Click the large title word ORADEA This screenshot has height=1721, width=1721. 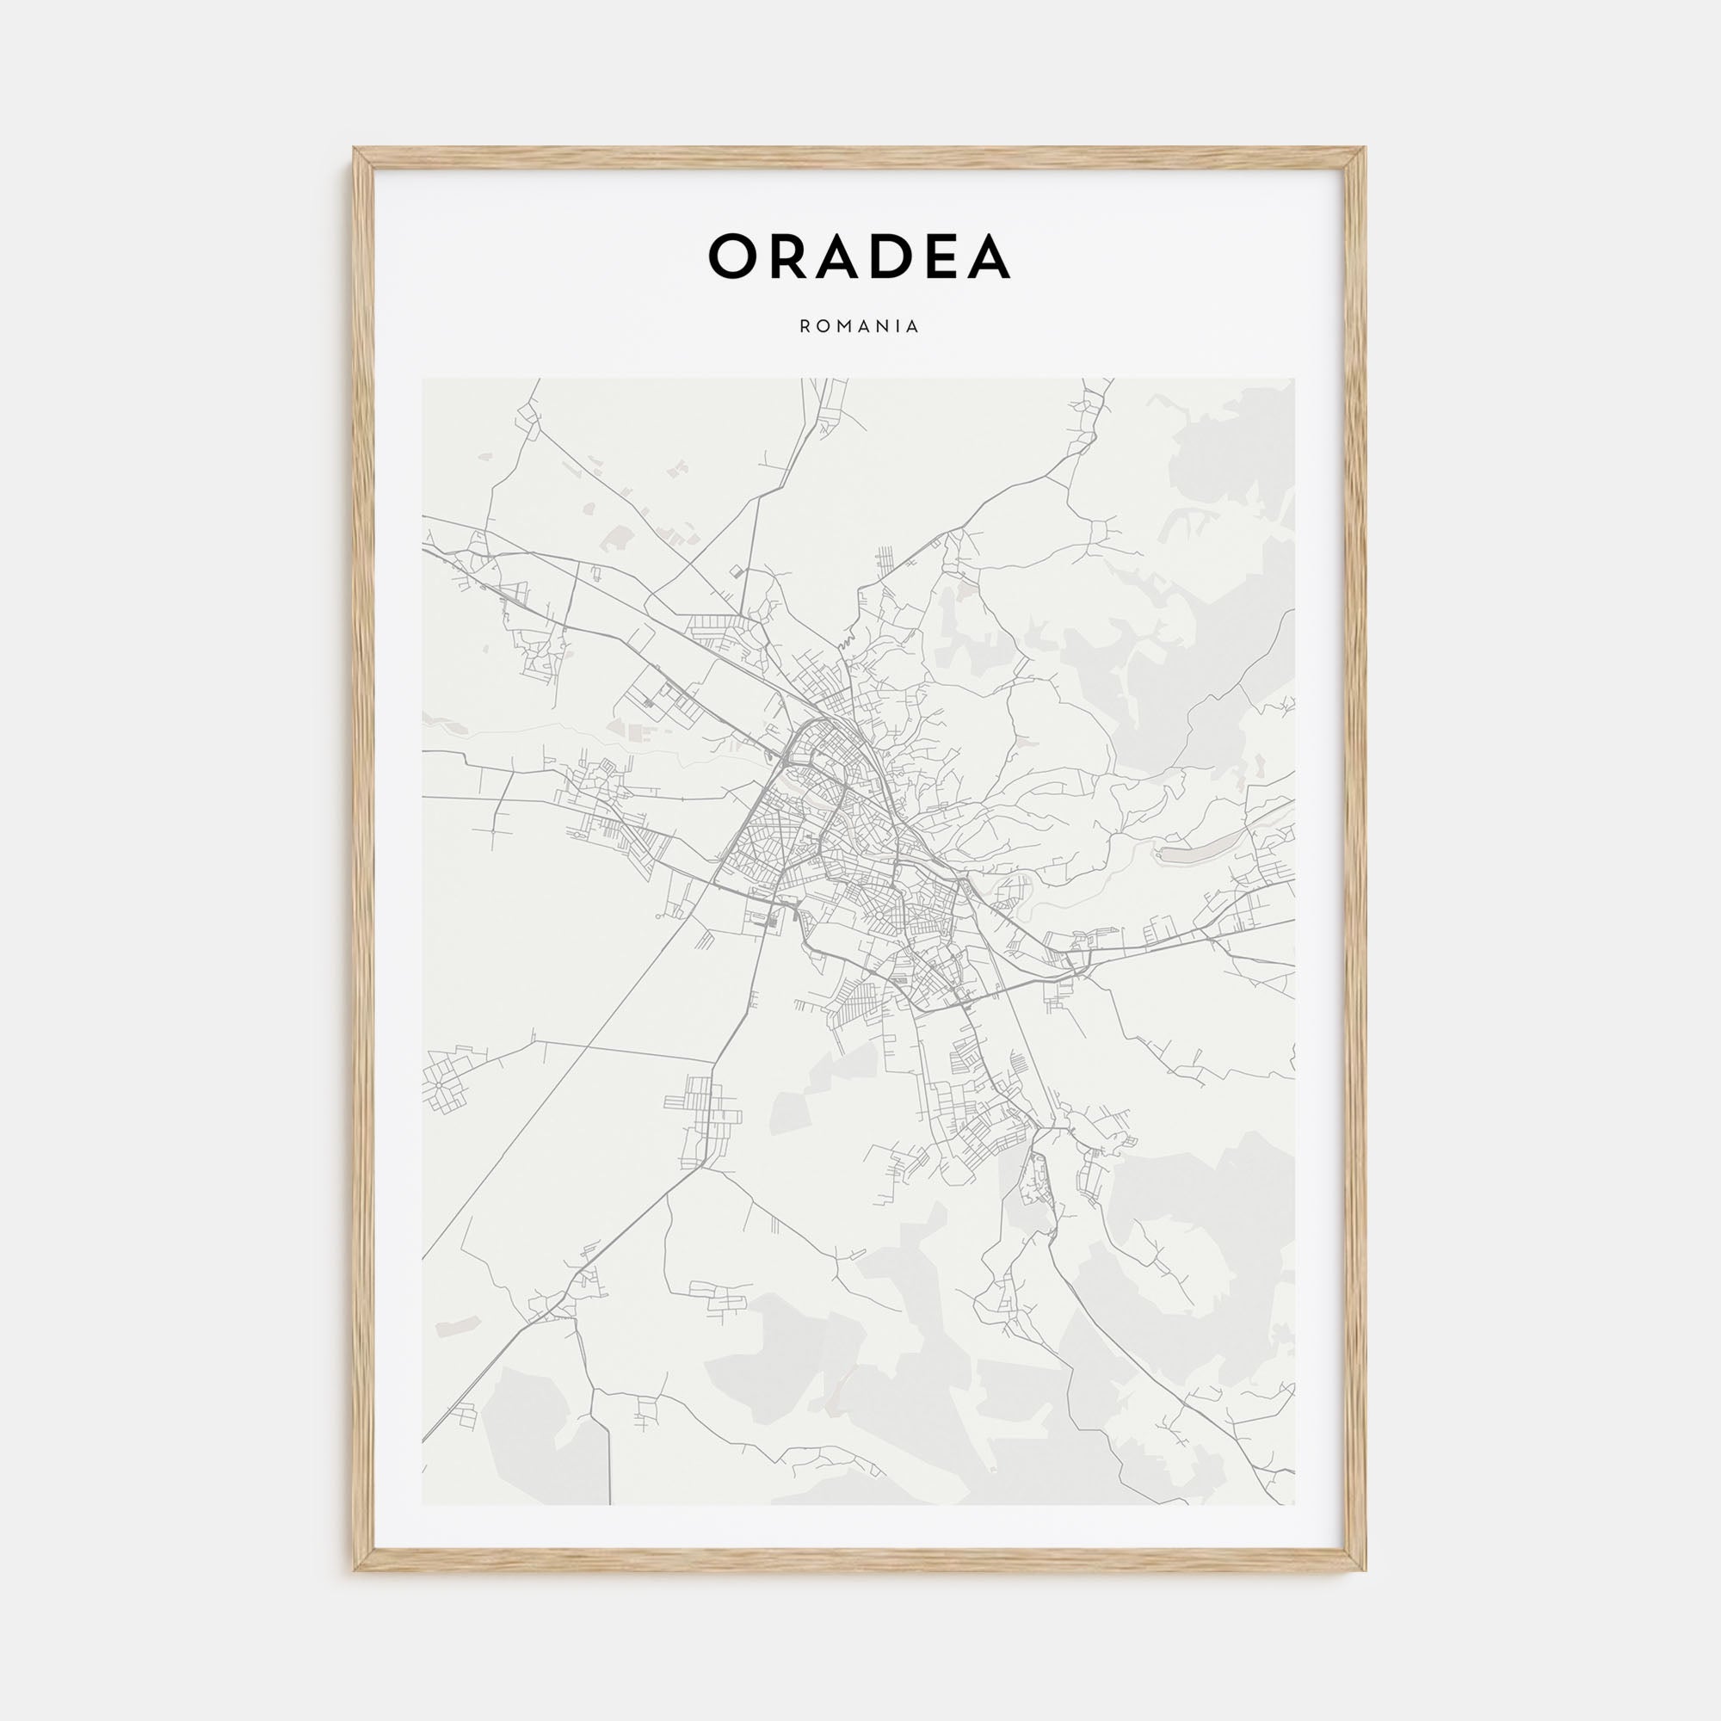tap(860, 256)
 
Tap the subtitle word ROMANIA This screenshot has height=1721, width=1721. tap(860, 327)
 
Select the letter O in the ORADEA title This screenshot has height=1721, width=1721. tap(733, 256)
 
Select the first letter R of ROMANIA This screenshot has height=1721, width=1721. tap(805, 327)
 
